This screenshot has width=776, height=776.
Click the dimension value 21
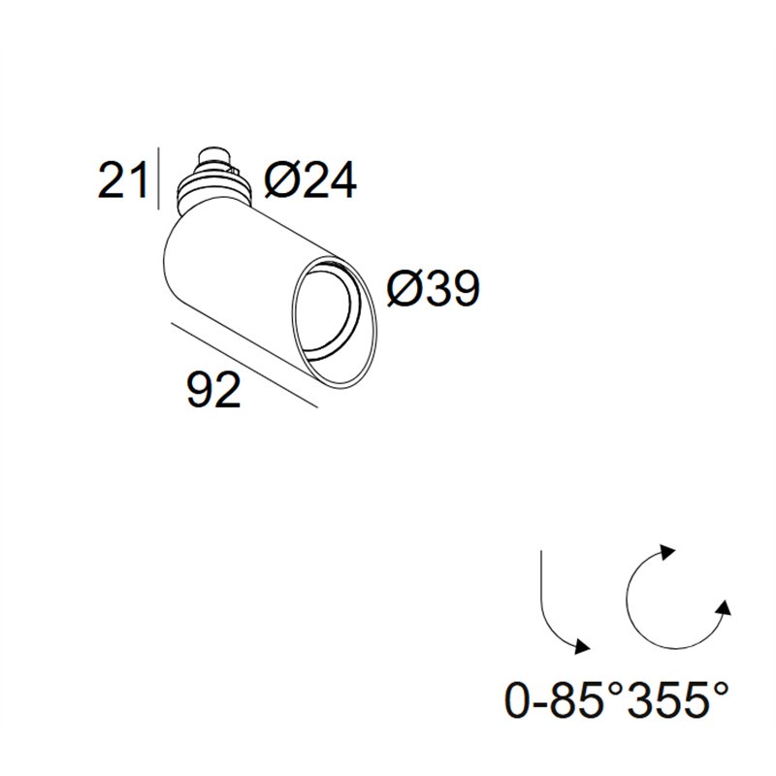(122, 180)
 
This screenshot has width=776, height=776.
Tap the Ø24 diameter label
(309, 180)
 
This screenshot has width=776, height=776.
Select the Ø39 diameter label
(433, 288)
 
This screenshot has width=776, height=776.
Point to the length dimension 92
(213, 390)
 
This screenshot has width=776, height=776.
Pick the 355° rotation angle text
(678, 699)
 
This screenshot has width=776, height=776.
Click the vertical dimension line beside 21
(158, 178)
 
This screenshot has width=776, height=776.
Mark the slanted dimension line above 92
(244, 366)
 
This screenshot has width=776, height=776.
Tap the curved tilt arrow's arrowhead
(582, 645)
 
